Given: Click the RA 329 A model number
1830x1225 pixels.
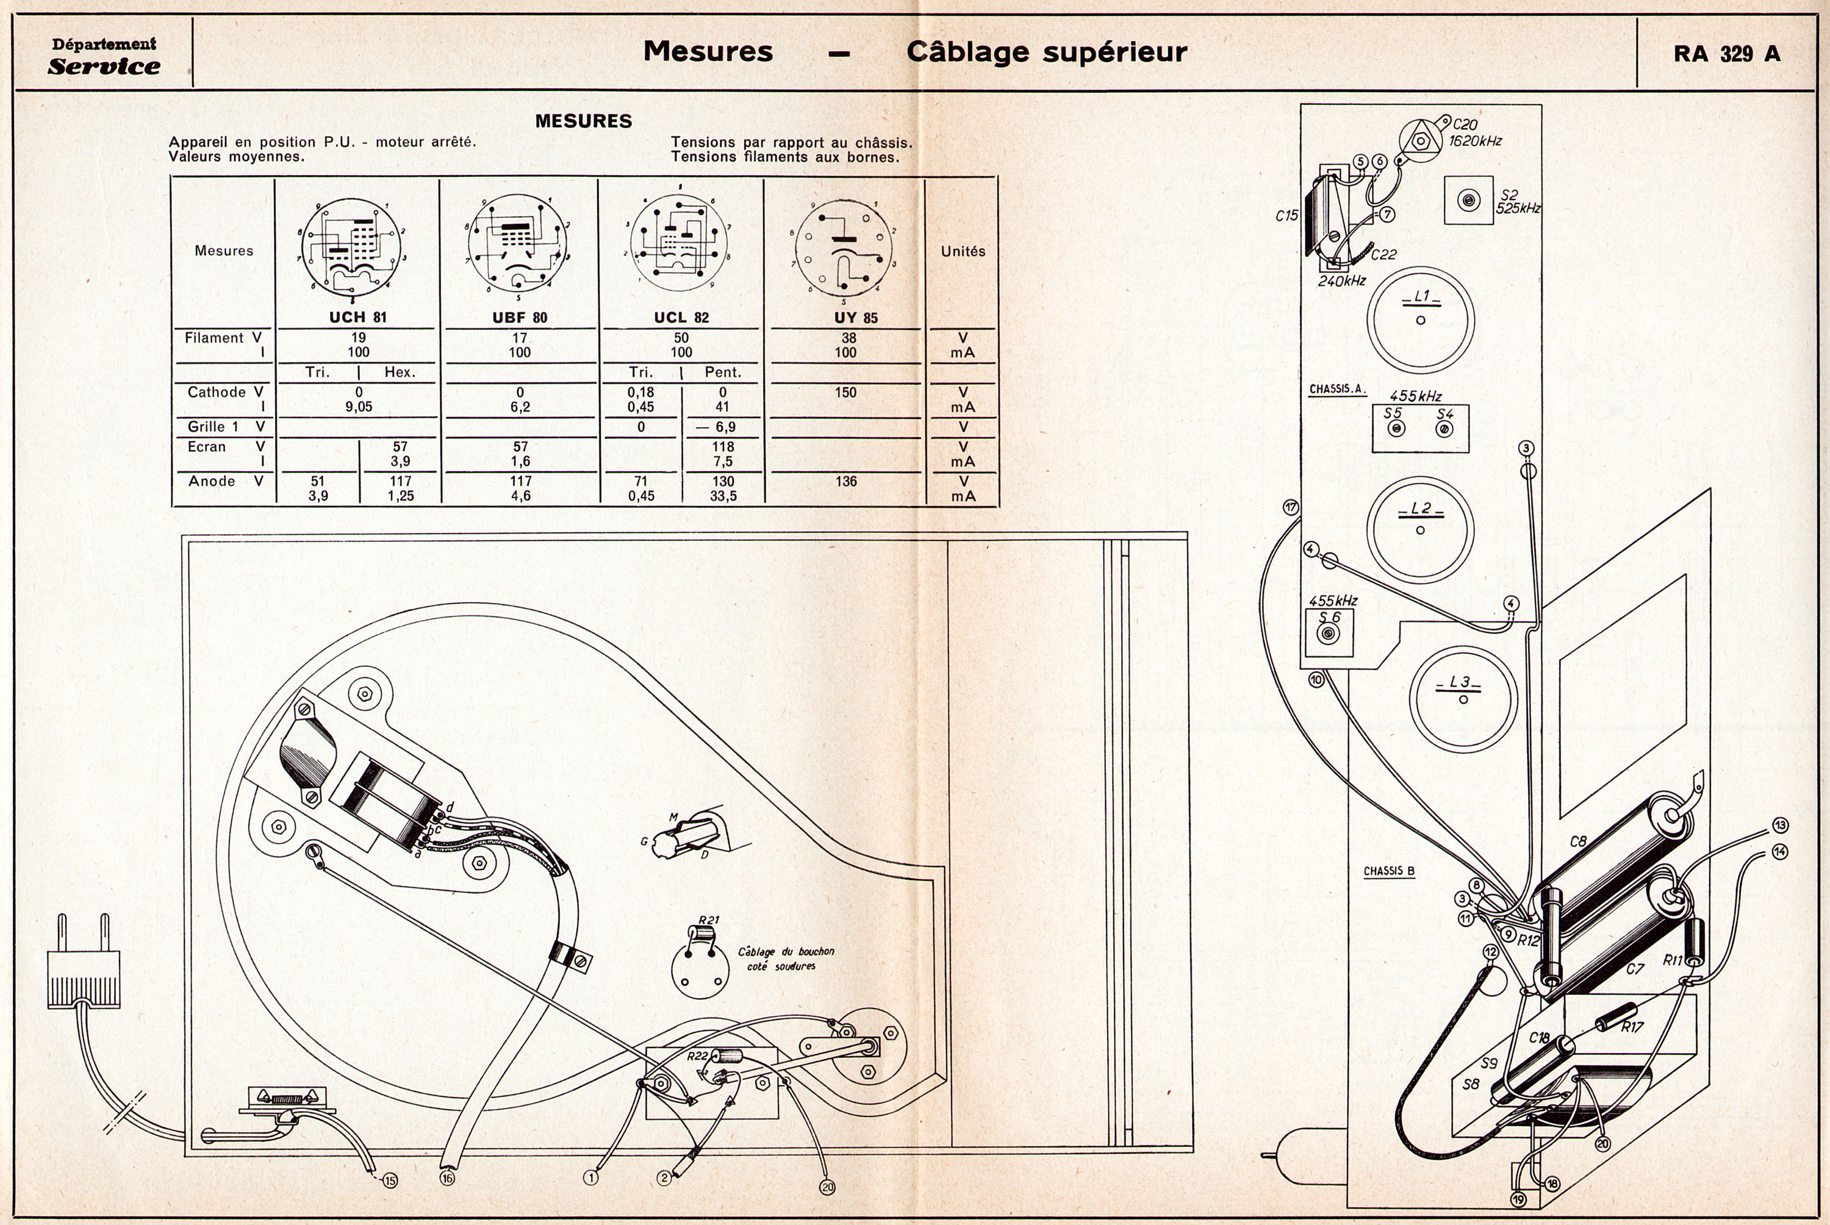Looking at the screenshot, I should coord(1726,53).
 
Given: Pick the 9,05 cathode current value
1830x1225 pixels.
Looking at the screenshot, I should coord(359,407).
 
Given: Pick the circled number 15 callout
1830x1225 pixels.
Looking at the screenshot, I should coord(389,1180).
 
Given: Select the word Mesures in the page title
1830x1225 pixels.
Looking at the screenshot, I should coord(708,52).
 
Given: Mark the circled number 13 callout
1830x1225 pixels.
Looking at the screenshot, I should coord(1780,826).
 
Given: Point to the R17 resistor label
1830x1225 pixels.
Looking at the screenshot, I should coord(1632,1027).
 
